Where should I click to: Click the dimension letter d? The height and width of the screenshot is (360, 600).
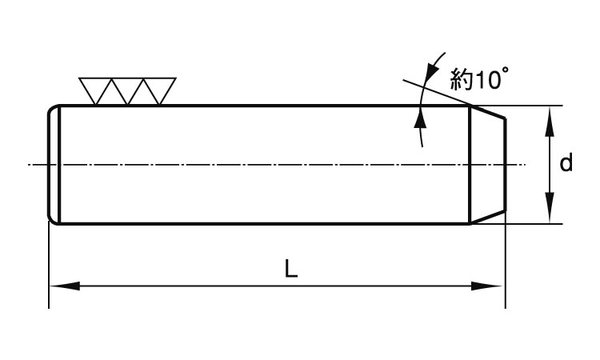click(566, 164)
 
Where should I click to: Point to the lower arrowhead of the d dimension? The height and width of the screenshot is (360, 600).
click(550, 213)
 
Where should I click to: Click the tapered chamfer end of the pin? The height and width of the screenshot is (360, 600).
click(487, 164)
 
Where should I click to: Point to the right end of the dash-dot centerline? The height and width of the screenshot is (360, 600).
click(524, 165)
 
